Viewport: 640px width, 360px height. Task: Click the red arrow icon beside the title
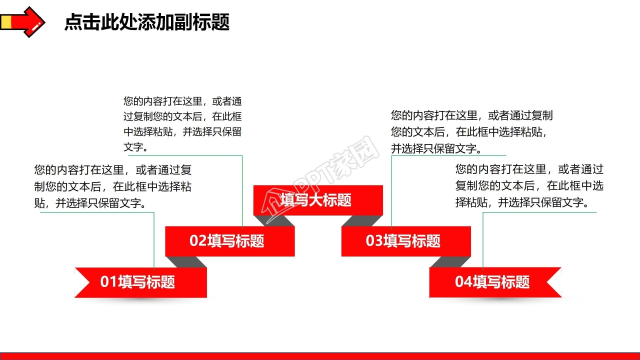(x=22, y=21)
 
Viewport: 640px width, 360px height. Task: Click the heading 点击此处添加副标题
(x=146, y=22)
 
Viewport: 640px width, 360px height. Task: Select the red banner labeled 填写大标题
(x=318, y=200)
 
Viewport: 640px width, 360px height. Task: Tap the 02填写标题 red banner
(x=229, y=241)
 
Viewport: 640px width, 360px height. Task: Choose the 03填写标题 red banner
(x=406, y=241)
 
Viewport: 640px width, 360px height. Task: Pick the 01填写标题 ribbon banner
(x=140, y=282)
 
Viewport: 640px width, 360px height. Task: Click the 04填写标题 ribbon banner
(x=495, y=282)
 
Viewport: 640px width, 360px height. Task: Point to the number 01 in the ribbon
(x=108, y=282)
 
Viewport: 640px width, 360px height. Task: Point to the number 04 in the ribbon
(x=463, y=282)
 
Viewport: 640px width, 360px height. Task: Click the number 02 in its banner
(x=198, y=241)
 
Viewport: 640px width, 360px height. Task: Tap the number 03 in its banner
(x=374, y=241)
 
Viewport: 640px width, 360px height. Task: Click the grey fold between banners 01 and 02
(x=186, y=262)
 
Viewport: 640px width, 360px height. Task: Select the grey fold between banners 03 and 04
(x=450, y=262)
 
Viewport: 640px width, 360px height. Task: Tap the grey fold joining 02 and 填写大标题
(x=274, y=220)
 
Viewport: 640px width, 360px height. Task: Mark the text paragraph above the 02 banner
(x=182, y=124)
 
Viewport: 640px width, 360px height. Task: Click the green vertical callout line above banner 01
(x=154, y=240)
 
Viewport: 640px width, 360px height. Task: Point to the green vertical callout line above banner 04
(x=483, y=240)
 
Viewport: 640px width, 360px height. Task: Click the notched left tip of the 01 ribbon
(x=80, y=282)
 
